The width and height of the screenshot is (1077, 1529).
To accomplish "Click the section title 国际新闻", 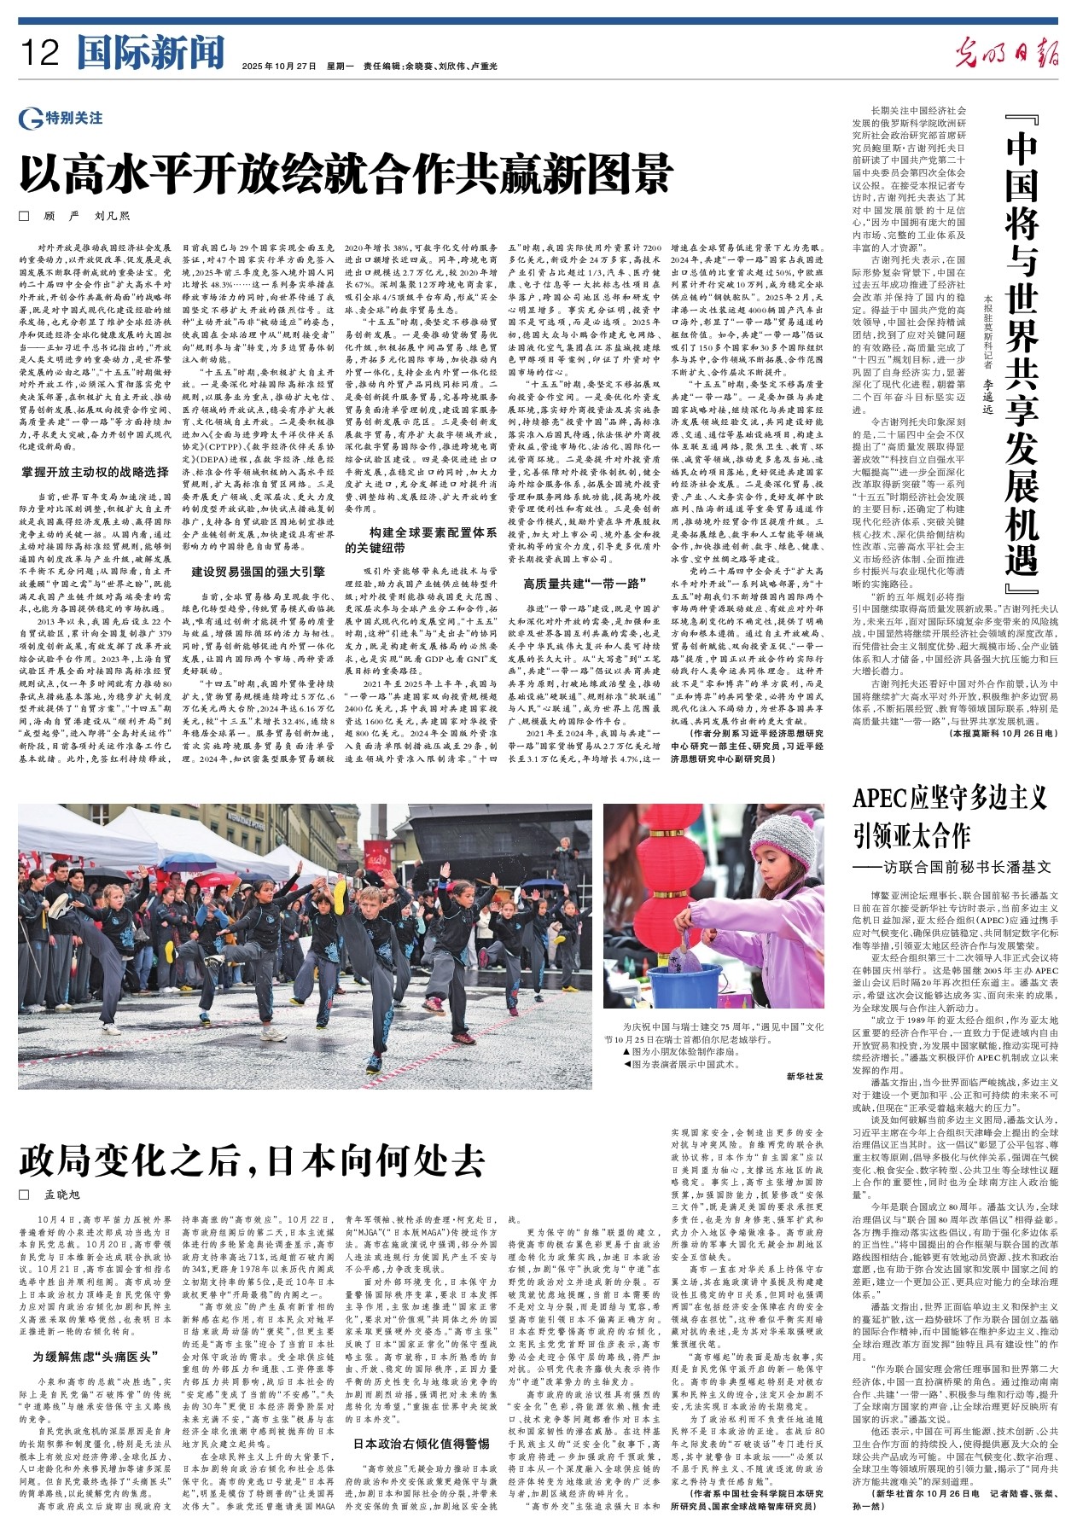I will point(150,54).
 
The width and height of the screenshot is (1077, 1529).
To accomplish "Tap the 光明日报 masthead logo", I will point(1006,53).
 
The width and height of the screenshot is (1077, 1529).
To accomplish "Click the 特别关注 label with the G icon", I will point(61,118).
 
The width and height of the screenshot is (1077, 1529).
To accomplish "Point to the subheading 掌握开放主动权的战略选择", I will point(95,472).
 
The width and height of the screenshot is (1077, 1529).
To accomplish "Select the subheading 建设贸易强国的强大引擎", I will point(258,572).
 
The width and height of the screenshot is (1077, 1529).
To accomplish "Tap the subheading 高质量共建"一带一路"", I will point(585,584).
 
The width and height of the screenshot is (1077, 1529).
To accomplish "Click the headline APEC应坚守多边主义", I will point(949,799).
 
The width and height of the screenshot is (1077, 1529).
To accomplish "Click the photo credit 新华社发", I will point(804,1076).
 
